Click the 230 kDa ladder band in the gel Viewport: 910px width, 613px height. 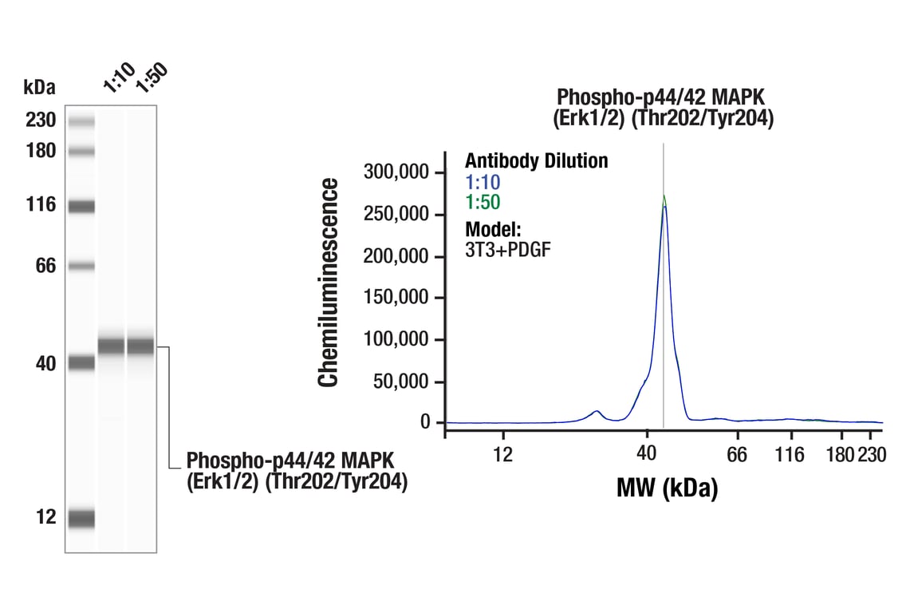(x=81, y=121)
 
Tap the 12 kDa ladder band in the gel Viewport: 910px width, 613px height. (x=81, y=518)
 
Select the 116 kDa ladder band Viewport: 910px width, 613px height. (x=81, y=207)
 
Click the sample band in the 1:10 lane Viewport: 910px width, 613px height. (x=111, y=346)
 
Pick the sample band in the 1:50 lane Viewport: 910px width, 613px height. (x=140, y=346)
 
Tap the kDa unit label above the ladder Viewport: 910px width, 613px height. (x=40, y=87)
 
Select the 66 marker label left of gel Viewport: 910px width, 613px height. (x=46, y=266)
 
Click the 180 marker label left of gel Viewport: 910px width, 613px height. (x=41, y=151)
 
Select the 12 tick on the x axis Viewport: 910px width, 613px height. (x=502, y=455)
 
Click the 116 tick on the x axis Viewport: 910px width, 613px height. (x=790, y=455)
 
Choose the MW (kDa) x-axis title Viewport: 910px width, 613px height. (x=667, y=487)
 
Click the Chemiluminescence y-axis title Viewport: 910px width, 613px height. (x=328, y=283)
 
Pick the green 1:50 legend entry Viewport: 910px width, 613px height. (x=483, y=202)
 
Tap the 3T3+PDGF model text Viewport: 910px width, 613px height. (x=507, y=248)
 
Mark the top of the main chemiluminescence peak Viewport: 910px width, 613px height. (x=664, y=196)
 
